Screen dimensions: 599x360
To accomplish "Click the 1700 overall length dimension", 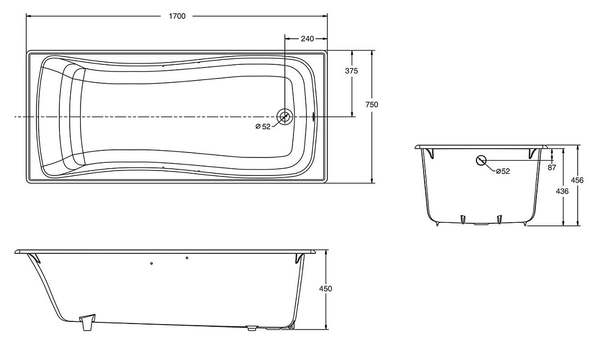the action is (177, 16).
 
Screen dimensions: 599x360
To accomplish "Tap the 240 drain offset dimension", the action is (307, 39).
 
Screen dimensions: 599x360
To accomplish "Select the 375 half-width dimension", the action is (351, 71).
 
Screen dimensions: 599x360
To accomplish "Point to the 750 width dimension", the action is (371, 105).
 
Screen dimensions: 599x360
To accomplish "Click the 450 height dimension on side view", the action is (326, 289).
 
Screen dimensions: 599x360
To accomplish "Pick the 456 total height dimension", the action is (577, 180).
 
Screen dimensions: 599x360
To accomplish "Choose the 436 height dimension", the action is (562, 191).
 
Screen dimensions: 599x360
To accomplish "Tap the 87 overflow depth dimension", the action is (552, 167).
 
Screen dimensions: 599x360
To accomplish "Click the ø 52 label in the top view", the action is (263, 126).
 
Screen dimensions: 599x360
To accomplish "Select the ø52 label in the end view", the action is (503, 171).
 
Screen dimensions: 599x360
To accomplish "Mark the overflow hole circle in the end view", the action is (481, 160).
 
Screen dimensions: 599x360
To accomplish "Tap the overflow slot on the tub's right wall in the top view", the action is (314, 116).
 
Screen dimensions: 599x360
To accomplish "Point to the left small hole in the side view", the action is (152, 263).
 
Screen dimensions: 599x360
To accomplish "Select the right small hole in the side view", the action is (187, 258).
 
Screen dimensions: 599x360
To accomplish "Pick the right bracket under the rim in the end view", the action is (533, 153).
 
